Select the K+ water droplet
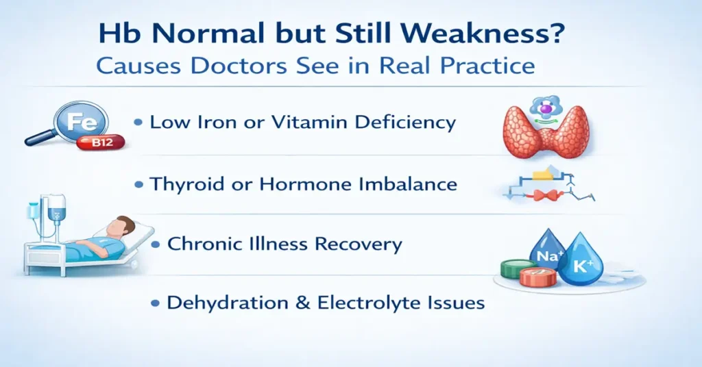[x=580, y=262]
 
